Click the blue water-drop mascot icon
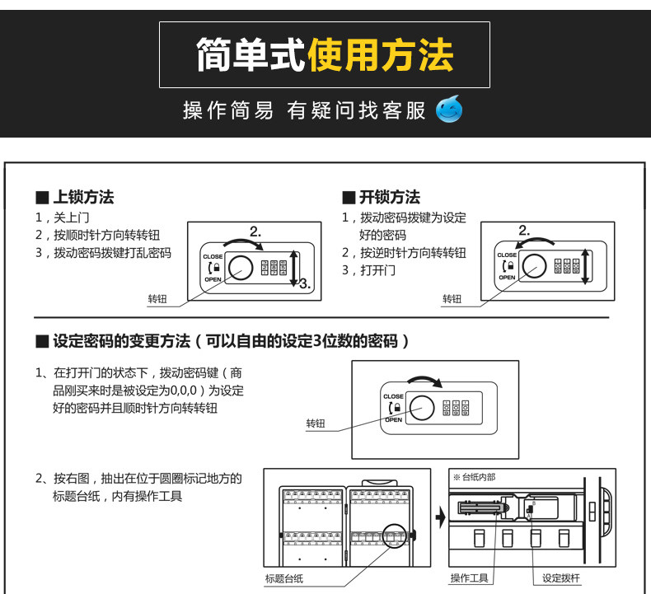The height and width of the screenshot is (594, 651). tap(449, 109)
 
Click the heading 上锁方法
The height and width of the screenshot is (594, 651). tap(83, 198)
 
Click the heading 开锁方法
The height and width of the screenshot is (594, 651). tap(390, 198)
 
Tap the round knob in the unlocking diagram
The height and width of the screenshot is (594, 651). tap(534, 265)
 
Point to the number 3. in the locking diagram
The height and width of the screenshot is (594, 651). tap(304, 283)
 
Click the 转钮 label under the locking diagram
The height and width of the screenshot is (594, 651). tap(157, 299)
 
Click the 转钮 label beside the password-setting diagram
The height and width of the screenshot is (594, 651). tap(316, 423)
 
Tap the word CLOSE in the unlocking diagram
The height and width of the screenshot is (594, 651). tap(507, 255)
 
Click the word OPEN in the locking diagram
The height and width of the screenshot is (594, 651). tap(212, 280)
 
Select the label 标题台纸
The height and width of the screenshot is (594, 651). tap(284, 579)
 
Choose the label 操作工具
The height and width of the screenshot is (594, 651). tap(470, 578)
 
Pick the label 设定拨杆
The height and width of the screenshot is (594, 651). tap(561, 578)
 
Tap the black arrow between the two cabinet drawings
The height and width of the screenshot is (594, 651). tap(440, 518)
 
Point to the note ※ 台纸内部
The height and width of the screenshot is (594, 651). tap(475, 477)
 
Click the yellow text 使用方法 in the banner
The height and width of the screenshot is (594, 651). tap(381, 55)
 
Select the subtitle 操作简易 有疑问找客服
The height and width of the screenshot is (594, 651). tap(304, 110)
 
